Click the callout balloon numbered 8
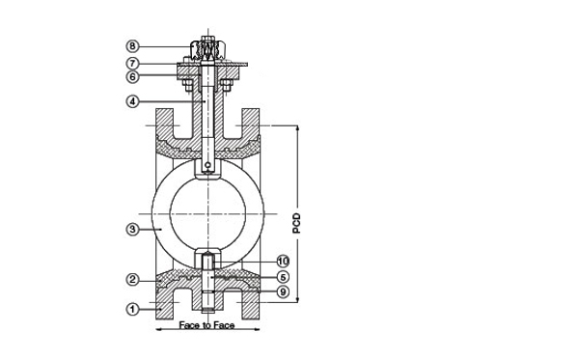132,46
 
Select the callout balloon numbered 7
132,63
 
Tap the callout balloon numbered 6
132,77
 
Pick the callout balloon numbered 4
132,101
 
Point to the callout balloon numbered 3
132,230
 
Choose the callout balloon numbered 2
132,280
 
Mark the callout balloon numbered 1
132,309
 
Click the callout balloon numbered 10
283,262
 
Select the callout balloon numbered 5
283,277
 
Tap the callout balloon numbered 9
283,291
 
